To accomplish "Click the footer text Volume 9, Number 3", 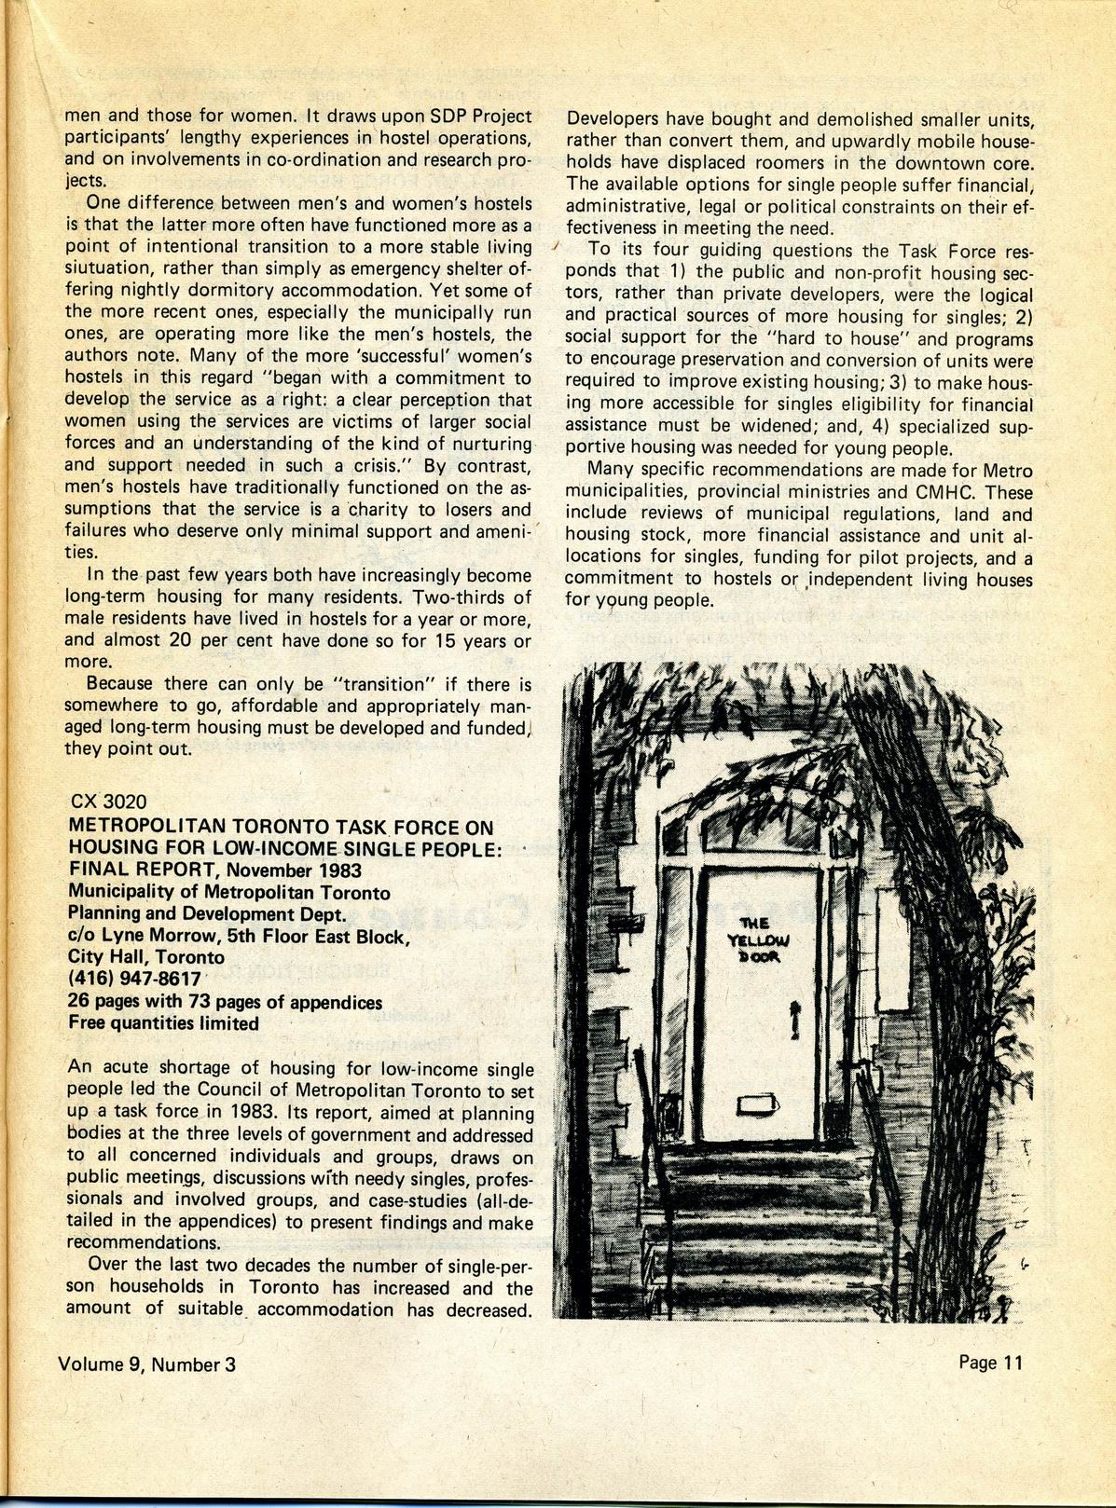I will (146, 1364).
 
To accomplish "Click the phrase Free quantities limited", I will (164, 1023).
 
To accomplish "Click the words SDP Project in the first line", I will (475, 117).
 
